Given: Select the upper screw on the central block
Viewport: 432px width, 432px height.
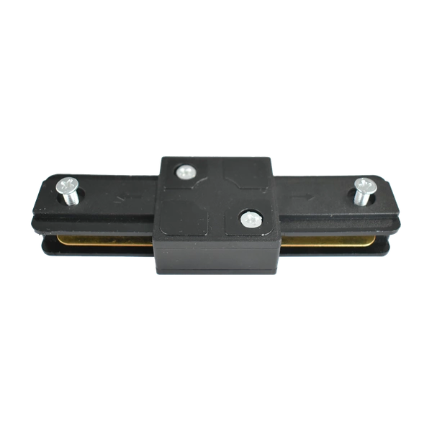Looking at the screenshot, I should point(185,172).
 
